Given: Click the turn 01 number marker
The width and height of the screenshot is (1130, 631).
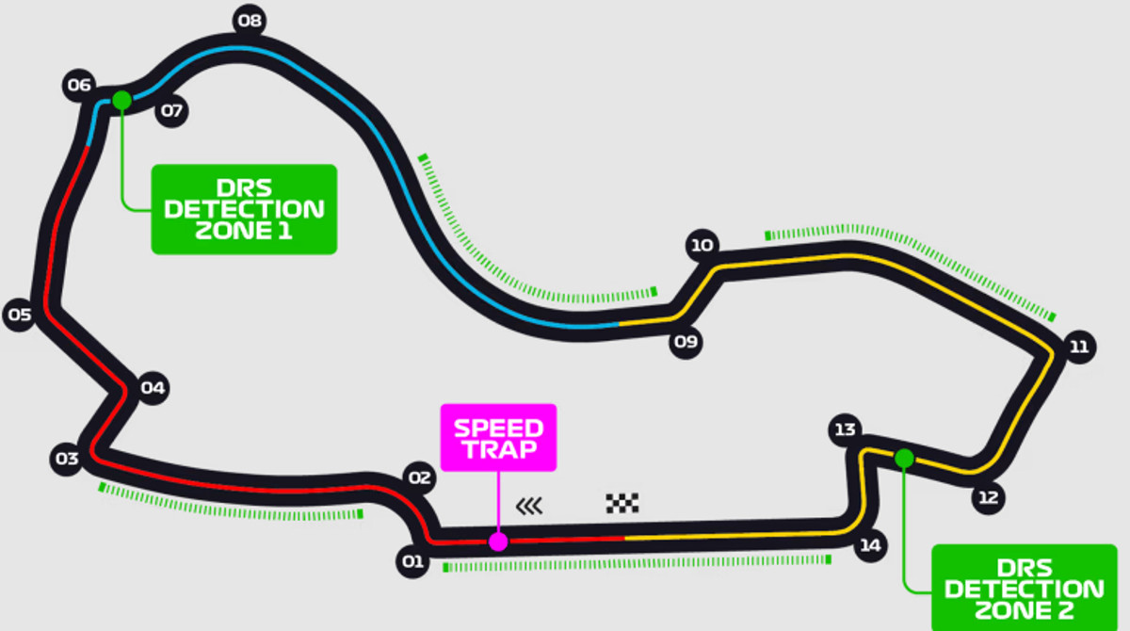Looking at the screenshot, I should click(x=412, y=563).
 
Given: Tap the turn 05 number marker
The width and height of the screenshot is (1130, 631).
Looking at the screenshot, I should click(x=20, y=315).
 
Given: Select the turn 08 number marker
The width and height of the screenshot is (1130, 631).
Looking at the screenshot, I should click(x=250, y=20).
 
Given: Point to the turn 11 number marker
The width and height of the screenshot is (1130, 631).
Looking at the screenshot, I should click(x=1078, y=347).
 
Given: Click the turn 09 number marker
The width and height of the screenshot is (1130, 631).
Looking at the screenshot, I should click(x=686, y=341).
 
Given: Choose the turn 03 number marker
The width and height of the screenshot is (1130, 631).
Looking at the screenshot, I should click(x=66, y=459).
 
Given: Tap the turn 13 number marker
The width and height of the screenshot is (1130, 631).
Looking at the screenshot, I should click(x=845, y=429).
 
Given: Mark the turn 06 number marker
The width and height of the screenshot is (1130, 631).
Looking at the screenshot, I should click(x=79, y=86).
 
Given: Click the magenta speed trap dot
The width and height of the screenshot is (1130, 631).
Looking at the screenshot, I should click(x=498, y=542).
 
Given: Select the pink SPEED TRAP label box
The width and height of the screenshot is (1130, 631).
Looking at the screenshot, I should click(x=499, y=437).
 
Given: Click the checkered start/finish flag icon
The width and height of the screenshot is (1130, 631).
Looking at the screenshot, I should click(x=622, y=503).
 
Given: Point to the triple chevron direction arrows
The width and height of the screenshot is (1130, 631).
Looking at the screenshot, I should click(x=529, y=507).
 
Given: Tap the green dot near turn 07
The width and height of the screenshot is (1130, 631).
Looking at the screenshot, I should click(x=121, y=100).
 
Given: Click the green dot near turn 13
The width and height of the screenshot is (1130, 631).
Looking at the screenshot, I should click(x=904, y=459).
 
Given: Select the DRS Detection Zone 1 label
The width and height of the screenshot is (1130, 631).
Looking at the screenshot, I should click(x=244, y=209).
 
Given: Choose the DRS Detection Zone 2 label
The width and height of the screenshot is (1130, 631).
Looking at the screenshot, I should click(x=1024, y=588).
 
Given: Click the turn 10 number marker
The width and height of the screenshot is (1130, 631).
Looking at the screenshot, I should click(x=702, y=247).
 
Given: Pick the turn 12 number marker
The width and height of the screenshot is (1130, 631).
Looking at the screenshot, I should click(x=988, y=498).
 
